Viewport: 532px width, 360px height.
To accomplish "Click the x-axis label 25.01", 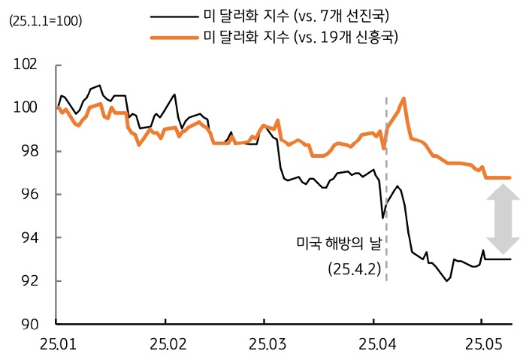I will click(57, 343).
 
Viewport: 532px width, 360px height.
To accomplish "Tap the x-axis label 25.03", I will click(264, 343).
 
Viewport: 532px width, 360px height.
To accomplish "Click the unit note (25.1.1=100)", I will click(45, 20).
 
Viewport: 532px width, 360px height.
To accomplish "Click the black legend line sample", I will click(173, 15).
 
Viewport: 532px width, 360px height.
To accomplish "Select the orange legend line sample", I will click(173, 35).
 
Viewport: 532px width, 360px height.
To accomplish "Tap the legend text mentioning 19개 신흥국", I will click(301, 35).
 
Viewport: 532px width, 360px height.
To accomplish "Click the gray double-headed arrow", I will click(503, 219).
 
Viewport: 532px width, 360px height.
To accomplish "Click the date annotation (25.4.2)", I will click(350, 268).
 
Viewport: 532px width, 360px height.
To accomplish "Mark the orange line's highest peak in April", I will click(404, 98).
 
